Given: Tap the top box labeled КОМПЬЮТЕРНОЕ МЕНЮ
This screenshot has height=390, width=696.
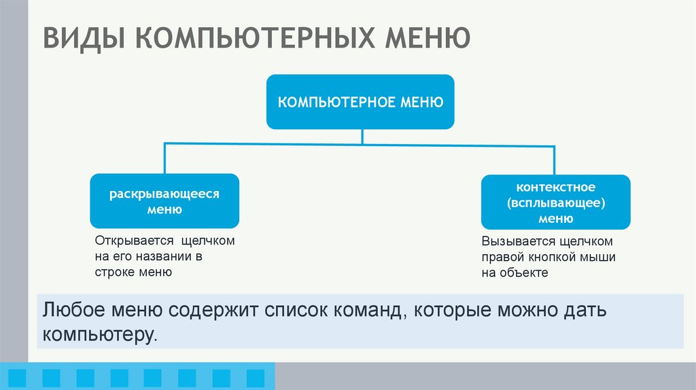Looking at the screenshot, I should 360,102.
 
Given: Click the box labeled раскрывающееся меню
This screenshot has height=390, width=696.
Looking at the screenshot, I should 164,201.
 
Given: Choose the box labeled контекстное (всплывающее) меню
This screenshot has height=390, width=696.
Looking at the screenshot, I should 555,202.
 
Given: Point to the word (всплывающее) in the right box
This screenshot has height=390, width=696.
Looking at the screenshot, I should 555,202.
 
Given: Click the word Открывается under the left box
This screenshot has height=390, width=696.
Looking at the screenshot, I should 133,241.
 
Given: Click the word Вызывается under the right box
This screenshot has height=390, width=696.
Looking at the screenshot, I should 518,242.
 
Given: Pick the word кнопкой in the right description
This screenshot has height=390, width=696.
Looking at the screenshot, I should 551,258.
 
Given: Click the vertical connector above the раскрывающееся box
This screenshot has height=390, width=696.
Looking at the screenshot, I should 164,158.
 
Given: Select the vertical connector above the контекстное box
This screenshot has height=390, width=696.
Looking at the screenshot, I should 557,159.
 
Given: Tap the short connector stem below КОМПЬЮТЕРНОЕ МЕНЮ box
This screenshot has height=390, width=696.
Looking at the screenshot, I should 362,136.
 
